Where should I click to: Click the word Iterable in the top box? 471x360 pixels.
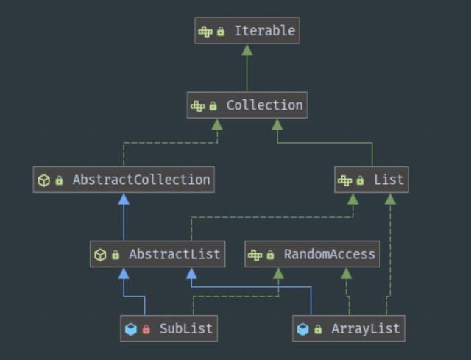(264, 31)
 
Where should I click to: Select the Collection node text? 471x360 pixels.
(264, 105)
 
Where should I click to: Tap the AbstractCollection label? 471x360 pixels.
(141, 180)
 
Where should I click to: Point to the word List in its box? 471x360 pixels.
(389, 180)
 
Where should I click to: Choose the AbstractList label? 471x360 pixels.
(174, 255)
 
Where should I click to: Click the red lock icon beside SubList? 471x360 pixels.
(146, 329)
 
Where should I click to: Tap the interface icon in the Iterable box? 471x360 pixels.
(205, 32)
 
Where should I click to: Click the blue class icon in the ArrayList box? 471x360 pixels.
(302, 329)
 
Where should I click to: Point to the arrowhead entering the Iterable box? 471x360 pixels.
(247, 50)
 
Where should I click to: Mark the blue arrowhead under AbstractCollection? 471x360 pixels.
(124, 199)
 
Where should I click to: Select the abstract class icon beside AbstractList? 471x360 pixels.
(100, 255)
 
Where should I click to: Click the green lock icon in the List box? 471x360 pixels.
(361, 180)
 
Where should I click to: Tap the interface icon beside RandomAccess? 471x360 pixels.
(255, 255)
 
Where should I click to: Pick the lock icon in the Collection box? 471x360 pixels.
(213, 106)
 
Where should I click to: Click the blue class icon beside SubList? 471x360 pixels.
(131, 329)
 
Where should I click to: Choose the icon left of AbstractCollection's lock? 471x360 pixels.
(43, 180)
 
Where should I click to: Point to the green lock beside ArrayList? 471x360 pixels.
(318, 329)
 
